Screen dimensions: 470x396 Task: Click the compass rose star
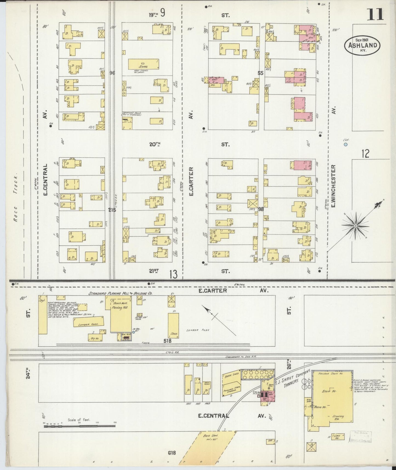[x=355, y=225]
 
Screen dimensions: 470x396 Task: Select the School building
[x=144, y=64]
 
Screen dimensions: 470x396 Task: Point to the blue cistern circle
[x=346, y=144]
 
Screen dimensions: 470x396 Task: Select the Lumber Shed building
[x=89, y=322]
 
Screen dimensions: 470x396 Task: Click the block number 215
[x=112, y=210]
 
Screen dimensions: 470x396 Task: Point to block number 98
[x=261, y=209]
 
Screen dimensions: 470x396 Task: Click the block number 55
[x=260, y=73]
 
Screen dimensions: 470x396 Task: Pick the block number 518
[x=167, y=341]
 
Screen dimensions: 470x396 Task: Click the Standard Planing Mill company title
[x=120, y=293]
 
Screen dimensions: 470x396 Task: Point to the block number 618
[x=172, y=453]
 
